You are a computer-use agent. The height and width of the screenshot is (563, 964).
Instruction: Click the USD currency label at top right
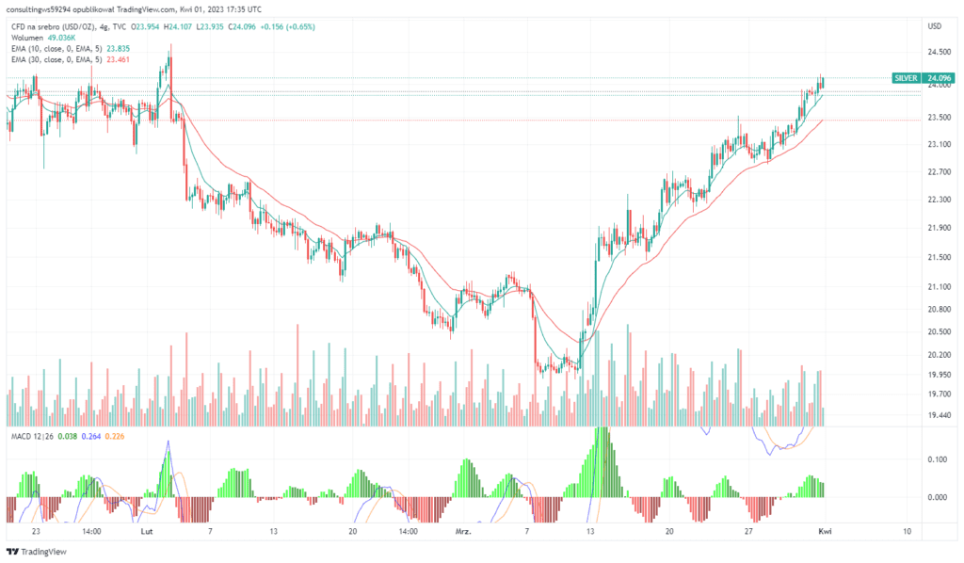pyautogui.click(x=935, y=25)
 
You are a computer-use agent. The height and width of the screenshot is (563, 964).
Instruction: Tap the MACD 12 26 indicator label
pyautogui.click(x=26, y=436)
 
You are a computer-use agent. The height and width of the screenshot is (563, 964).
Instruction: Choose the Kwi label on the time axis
pyautogui.click(x=824, y=531)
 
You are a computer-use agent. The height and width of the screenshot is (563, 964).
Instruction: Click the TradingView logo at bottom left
pyautogui.click(x=38, y=552)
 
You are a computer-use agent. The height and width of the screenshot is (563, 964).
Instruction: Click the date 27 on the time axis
pyautogui.click(x=748, y=531)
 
